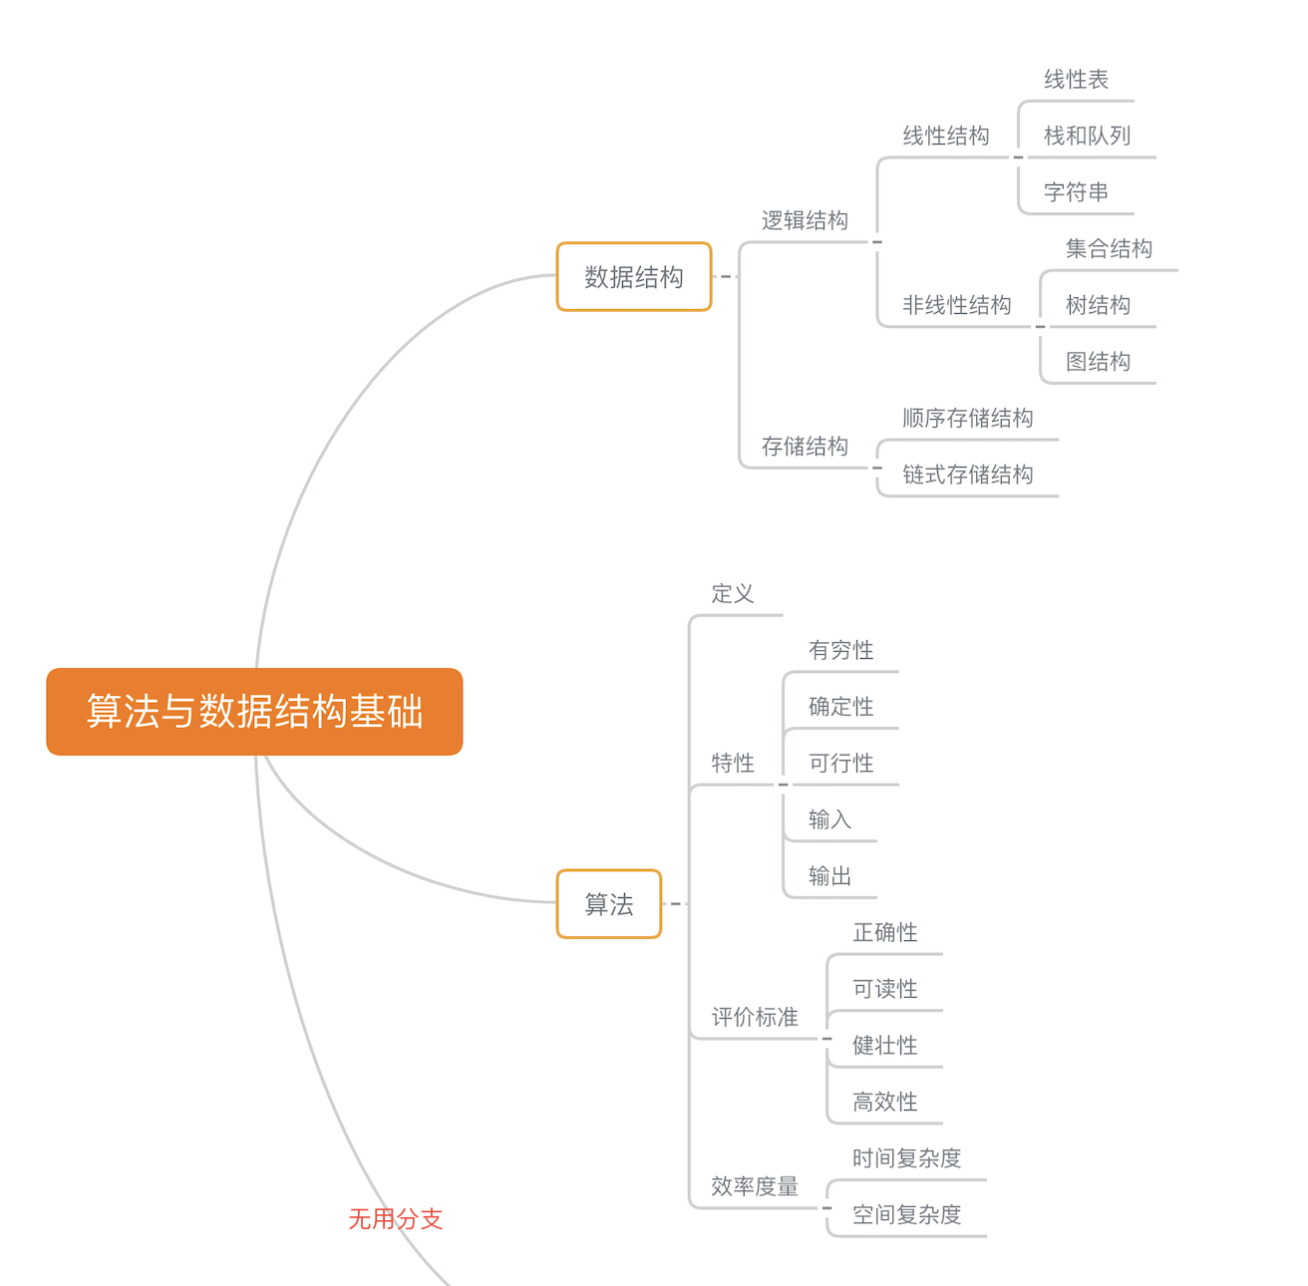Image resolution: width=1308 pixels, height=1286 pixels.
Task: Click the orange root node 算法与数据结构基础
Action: pos(254,711)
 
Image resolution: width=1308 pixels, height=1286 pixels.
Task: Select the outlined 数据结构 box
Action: pos(633,277)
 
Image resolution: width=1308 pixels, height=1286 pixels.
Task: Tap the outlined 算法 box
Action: pos(608,904)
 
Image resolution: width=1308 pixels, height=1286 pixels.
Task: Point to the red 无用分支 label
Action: pos(395,1218)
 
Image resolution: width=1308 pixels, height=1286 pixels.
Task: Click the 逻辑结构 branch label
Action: pos(805,220)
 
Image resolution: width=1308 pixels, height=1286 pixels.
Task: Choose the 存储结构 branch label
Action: pos(805,446)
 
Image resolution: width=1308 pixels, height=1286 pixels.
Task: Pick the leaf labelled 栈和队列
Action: pos(1087,136)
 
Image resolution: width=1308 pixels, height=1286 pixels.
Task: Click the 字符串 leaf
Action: pos(1076,191)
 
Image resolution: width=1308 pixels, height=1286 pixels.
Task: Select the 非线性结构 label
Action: pos(956,305)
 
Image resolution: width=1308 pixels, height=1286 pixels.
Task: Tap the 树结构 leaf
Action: pos(1098,305)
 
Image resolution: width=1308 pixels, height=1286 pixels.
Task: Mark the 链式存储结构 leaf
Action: pos(967,475)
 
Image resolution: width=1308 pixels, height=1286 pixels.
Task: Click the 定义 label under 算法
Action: pos(733,594)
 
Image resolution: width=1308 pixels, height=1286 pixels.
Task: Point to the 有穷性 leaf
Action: pos(840,650)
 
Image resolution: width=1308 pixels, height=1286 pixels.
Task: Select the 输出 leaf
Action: pos(829,876)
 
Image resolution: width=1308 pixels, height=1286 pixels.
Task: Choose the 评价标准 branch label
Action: pos(755,1017)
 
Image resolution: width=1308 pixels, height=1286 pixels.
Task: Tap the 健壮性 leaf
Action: pos(884,1045)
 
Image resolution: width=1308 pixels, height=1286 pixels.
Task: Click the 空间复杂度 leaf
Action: pos(906,1214)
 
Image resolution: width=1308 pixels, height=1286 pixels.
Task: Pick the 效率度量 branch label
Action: pos(755,1186)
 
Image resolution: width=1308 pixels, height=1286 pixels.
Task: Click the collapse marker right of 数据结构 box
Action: pos(725,277)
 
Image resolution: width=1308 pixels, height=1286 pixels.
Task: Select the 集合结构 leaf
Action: pos(1109,248)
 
